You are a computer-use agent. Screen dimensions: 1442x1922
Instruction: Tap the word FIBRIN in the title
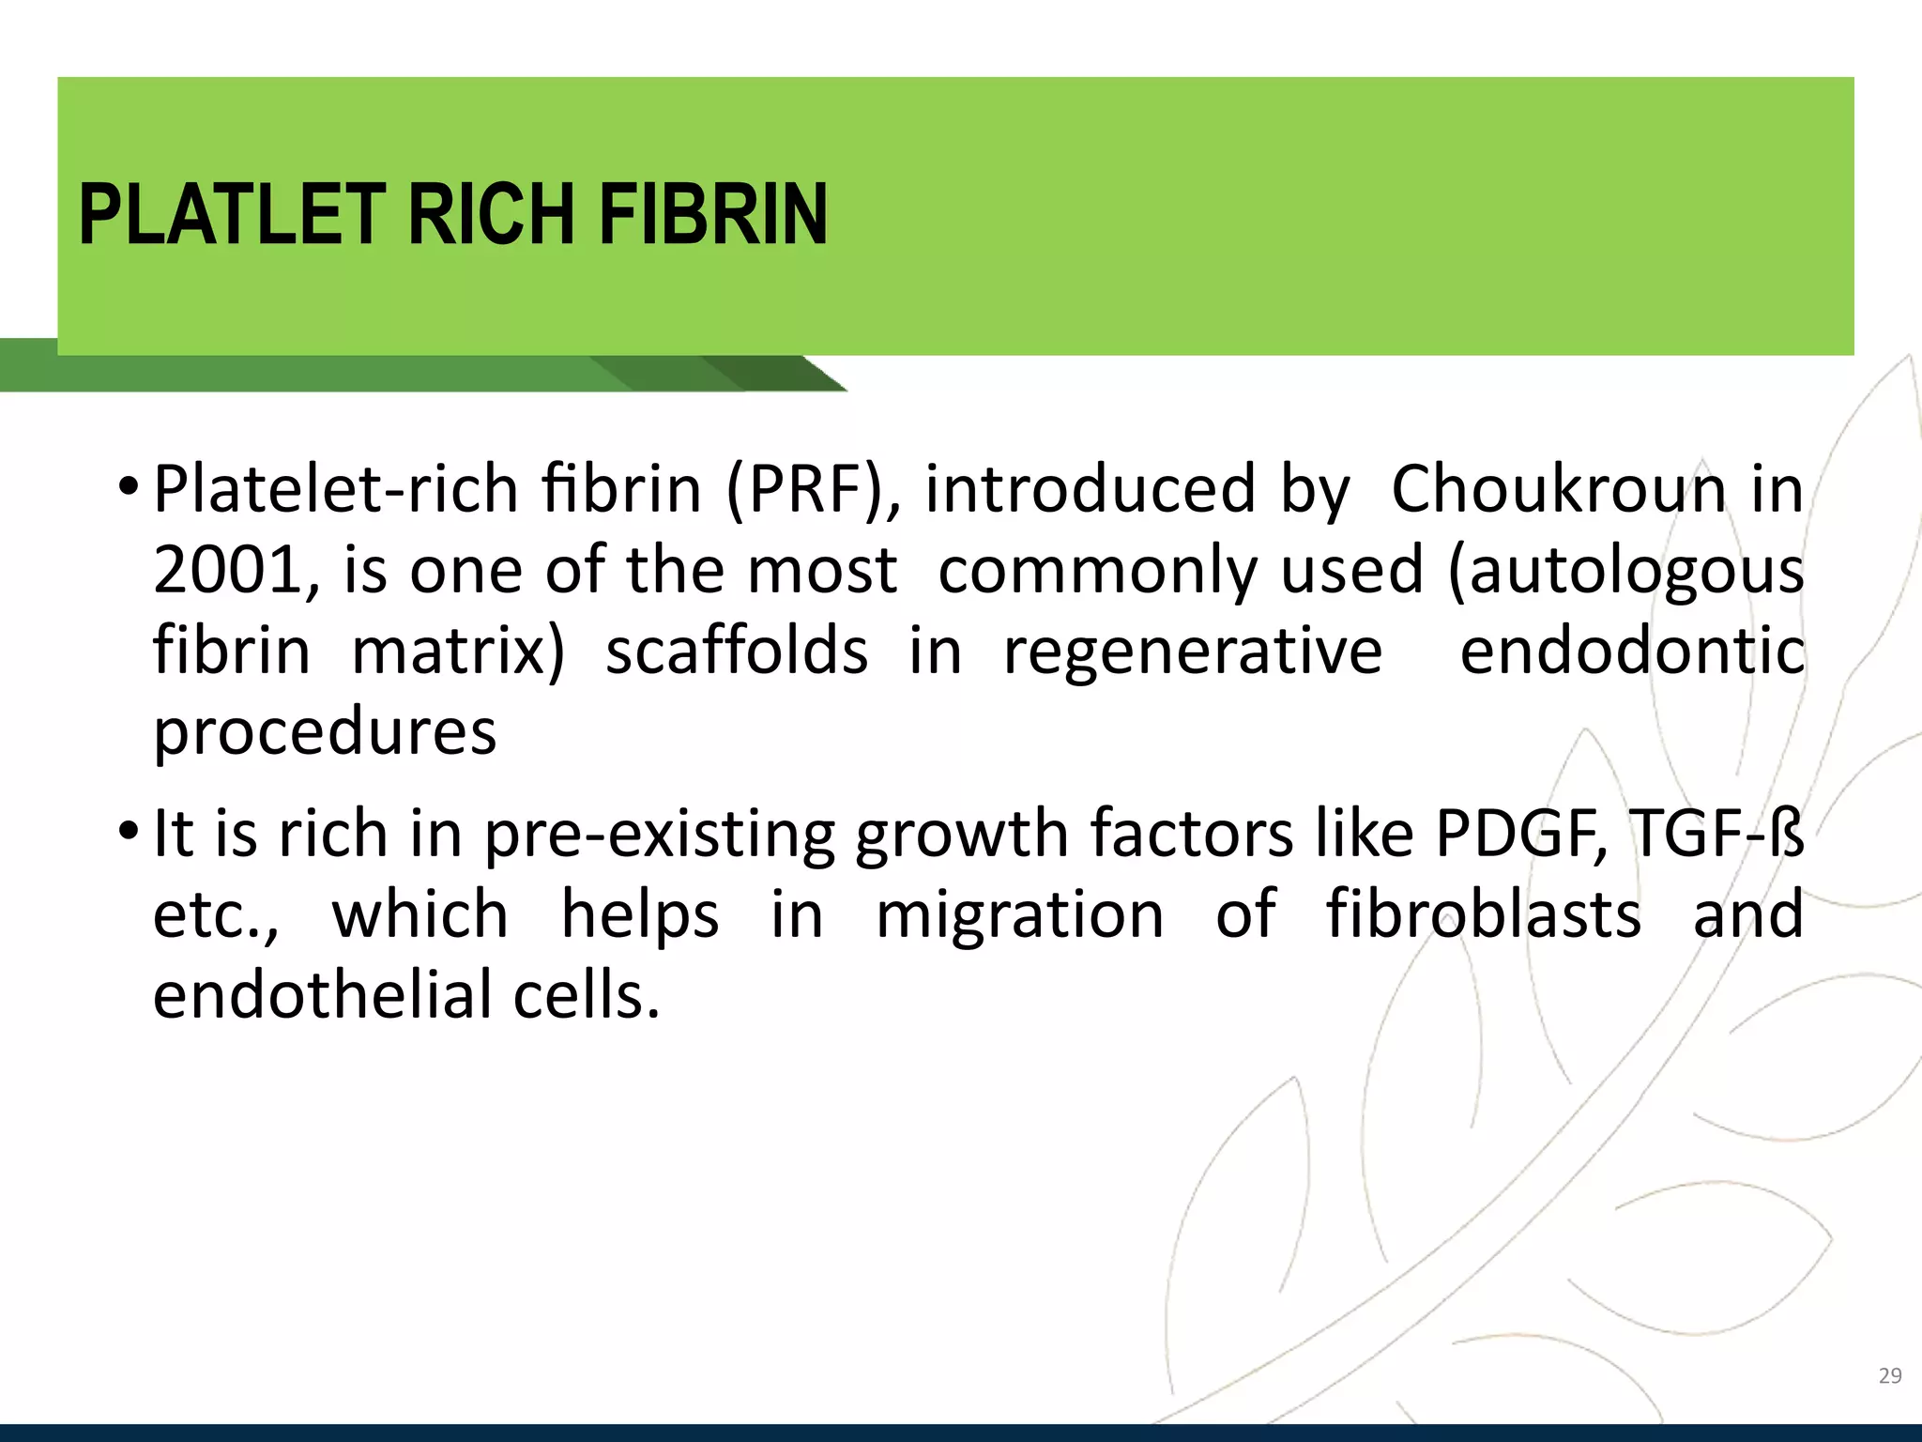click(x=713, y=215)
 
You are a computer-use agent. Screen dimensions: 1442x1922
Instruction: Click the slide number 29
click(x=1890, y=1376)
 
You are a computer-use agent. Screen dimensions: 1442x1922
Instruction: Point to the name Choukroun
click(x=1558, y=489)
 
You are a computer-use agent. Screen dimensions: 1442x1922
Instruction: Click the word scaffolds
click(x=737, y=651)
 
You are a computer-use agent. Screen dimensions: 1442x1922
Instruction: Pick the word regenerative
click(x=1193, y=652)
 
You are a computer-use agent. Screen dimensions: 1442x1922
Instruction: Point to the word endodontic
click(x=1632, y=651)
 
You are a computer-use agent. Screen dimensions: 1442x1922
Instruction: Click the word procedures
click(x=325, y=733)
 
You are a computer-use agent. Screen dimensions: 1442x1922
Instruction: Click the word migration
click(x=1019, y=914)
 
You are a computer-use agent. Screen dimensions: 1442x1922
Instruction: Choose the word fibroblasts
click(x=1484, y=914)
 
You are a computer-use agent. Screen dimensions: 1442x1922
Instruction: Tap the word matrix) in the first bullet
click(x=458, y=652)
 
